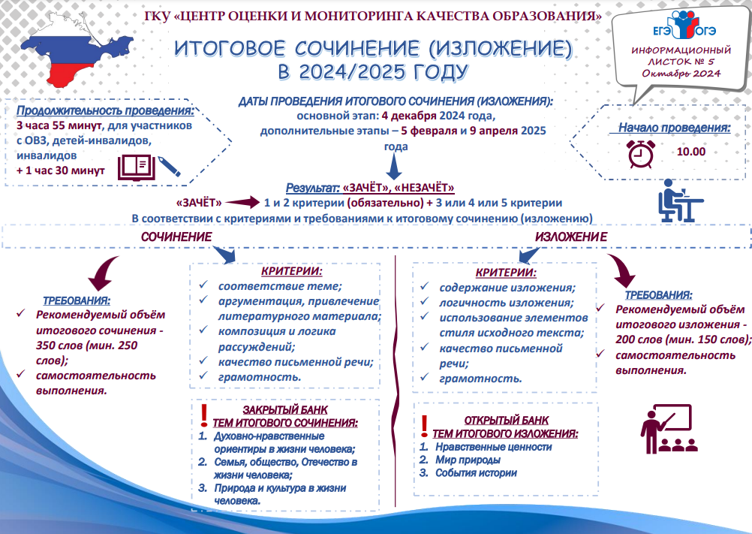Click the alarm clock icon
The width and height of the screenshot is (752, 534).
point(641,154)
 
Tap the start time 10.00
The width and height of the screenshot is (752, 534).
point(691,152)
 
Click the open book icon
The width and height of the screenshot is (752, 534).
point(137,167)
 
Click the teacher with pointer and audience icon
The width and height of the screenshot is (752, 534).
point(669,429)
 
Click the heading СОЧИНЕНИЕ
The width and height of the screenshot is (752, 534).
point(176,237)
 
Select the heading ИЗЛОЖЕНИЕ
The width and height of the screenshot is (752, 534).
point(571,237)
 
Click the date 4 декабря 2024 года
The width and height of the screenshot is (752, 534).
point(438,116)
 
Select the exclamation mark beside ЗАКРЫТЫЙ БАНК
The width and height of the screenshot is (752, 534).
point(204,415)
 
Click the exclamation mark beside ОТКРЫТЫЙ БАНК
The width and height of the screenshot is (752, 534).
point(424,426)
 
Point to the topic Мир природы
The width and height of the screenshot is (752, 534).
point(468,460)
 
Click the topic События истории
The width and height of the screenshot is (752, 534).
point(476,472)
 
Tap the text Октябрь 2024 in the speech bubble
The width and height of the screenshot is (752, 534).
point(681,74)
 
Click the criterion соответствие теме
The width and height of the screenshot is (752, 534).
point(280,286)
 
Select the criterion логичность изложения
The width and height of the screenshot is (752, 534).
point(507,303)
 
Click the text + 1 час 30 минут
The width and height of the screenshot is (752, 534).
point(61,170)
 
